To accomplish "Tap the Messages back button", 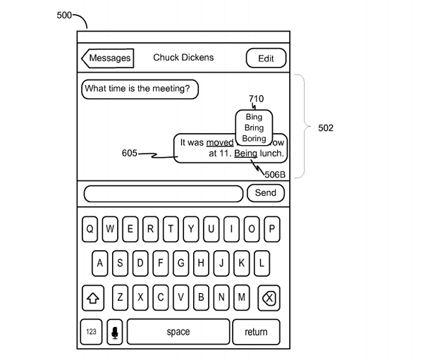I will point(108,58).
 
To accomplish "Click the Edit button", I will point(266,58).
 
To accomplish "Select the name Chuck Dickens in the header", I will point(183,58).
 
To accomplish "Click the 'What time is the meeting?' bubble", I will point(140,89).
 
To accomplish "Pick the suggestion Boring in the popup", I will point(254,139).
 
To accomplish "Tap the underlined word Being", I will point(246,153).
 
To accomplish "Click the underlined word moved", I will point(220,142).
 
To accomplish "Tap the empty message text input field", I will point(164,193).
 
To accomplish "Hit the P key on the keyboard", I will point(271,229).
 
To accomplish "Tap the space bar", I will point(178,332).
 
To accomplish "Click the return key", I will point(256,332).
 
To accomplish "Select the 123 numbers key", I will point(92,332).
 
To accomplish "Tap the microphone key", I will point(114,332).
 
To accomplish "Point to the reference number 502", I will point(326,128).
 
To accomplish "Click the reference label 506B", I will point(275,174).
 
